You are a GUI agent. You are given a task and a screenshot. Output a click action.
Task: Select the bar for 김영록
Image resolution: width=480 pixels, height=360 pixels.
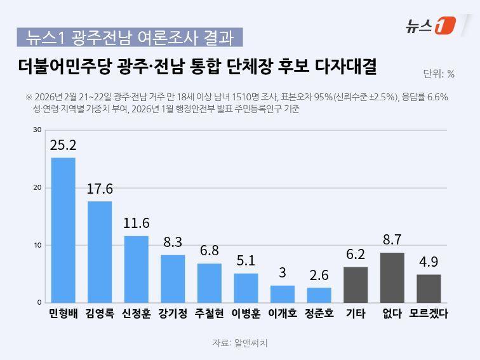100,251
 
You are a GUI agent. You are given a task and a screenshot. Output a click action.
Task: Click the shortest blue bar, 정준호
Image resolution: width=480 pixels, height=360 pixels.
319,295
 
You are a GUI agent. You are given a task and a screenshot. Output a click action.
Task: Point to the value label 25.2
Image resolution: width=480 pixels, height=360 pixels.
63,145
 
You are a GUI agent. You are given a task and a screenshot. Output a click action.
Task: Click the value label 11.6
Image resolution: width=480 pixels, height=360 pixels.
136,223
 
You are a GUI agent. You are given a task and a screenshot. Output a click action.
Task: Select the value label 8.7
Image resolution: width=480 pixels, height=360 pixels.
392,240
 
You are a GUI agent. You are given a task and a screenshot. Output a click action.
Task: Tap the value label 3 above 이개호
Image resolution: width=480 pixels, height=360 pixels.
283,273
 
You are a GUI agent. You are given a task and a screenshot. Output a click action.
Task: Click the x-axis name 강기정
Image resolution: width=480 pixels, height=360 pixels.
173,314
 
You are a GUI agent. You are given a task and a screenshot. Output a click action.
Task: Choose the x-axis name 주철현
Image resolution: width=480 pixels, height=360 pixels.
209,314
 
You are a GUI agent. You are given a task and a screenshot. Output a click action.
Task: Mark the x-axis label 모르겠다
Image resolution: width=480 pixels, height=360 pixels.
429,314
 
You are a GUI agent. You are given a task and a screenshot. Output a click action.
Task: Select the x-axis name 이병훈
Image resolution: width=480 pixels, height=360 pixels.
246,314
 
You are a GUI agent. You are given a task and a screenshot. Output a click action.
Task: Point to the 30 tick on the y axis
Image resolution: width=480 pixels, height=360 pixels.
37,130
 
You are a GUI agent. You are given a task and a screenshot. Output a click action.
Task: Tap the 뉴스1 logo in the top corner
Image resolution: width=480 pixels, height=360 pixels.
430,25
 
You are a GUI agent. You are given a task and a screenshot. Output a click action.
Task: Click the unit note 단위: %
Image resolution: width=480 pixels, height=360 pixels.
438,74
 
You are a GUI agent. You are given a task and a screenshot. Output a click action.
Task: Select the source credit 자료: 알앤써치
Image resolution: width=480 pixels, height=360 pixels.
240,343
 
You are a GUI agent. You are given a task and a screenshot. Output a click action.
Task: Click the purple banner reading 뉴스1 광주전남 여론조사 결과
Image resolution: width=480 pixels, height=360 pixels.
130,37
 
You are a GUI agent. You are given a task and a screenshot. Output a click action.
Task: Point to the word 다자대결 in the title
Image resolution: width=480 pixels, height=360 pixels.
346,65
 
